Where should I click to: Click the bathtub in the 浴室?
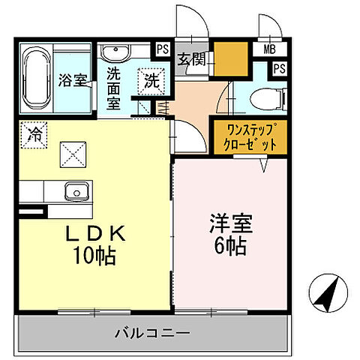[x=36, y=77]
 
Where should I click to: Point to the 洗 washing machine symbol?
[x=152, y=79]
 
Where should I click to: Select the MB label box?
[x=268, y=49]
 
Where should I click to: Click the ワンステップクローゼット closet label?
[x=248, y=137]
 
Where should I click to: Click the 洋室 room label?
[x=231, y=224]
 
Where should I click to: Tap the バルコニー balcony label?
[x=152, y=331]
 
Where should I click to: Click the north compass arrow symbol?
[x=327, y=292]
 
